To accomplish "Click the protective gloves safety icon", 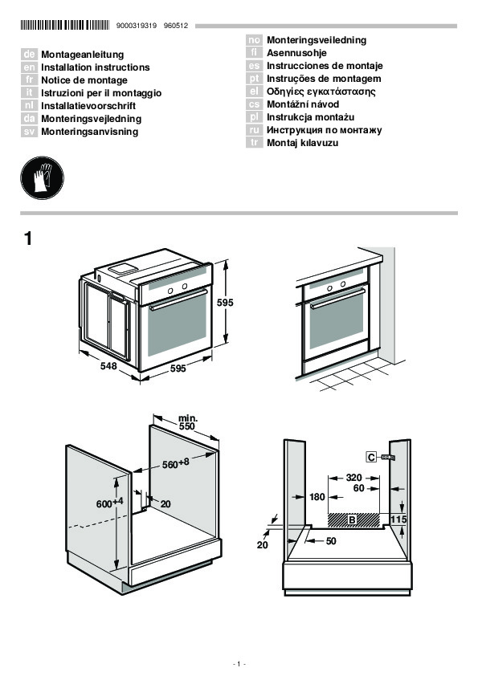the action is [43, 177].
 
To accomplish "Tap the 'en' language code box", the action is [29, 67].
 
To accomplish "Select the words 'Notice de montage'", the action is [84, 80].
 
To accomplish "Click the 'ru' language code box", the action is [254, 130].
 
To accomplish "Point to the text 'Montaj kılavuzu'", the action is [302, 143].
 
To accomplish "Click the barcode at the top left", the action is [65, 25].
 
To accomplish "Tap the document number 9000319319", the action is [137, 26].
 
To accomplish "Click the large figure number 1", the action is [28, 238].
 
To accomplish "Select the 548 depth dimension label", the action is [108, 366].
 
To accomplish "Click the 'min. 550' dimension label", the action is [188, 422].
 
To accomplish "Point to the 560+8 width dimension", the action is [176, 463].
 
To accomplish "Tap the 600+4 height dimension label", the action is [109, 503].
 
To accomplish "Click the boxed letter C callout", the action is [371, 457].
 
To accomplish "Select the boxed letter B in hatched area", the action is [352, 520].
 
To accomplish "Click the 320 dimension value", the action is [353, 477].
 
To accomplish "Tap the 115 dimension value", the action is [398, 519].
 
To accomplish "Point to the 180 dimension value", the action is [317, 497].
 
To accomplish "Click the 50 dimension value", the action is [331, 540].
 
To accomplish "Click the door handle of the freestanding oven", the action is [178, 298].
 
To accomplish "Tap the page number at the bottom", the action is [239, 664].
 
